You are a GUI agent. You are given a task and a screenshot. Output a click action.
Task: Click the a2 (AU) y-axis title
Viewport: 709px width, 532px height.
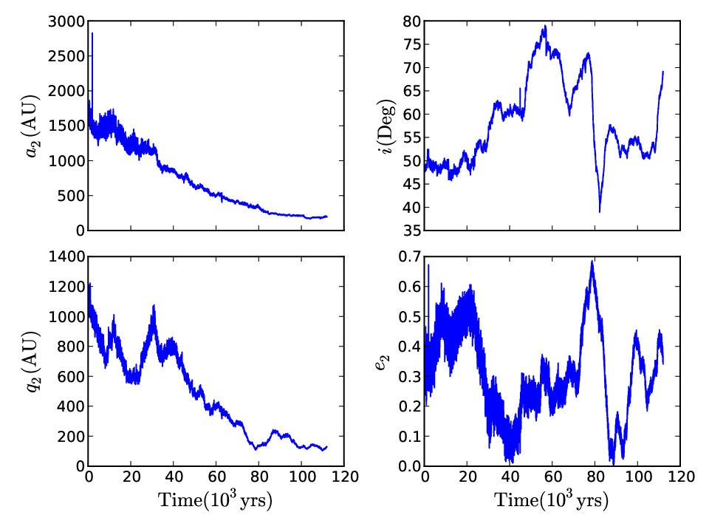pos(32,126)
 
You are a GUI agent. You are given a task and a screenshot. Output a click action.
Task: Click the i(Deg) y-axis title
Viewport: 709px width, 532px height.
pos(388,127)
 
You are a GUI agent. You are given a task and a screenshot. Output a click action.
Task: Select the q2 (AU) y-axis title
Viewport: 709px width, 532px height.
pos(32,362)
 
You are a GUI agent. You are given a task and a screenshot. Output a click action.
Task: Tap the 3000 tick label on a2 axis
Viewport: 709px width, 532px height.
pos(66,21)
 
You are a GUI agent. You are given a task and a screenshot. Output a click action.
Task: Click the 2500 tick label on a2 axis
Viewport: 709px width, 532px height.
pos(66,57)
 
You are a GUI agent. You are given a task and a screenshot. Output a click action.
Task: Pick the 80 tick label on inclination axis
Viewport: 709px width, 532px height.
pos(412,21)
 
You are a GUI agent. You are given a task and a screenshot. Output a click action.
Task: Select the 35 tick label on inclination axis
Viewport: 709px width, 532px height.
pos(412,231)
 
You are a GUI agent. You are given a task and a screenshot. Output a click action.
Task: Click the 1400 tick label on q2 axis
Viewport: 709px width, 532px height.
pos(66,257)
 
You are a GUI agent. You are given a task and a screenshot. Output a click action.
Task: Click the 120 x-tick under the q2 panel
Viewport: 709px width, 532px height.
pos(345,477)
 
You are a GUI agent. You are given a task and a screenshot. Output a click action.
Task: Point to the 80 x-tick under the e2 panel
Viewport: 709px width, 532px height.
pos(595,477)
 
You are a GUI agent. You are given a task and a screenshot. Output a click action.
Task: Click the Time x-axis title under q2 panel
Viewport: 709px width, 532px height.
pos(215,500)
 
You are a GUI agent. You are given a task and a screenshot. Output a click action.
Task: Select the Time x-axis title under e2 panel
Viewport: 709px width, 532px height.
pos(552,500)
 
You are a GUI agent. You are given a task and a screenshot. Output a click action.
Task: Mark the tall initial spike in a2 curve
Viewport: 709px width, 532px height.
pos(92,33)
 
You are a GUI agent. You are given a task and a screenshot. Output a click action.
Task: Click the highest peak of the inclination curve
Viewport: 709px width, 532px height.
pos(545,26)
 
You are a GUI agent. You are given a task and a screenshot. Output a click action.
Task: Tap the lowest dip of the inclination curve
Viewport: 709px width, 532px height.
pos(600,212)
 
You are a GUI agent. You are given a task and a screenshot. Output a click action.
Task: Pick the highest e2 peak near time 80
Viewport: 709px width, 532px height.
pos(592,261)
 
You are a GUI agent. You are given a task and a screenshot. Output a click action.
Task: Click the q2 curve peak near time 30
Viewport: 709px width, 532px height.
pos(154,306)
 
